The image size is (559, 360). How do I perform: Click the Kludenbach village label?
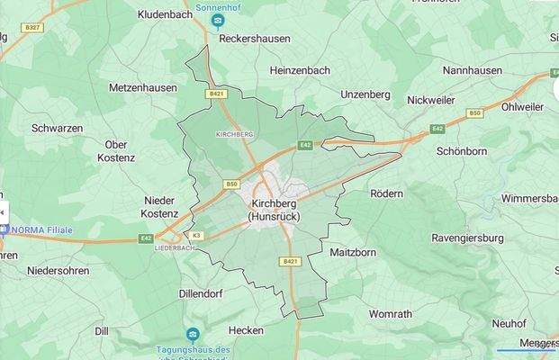[166, 15]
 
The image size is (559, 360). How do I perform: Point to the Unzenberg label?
[365, 94]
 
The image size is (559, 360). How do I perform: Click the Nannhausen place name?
[473, 69]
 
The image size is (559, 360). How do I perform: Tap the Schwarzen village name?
[57, 128]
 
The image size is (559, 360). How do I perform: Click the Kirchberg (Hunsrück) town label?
[275, 210]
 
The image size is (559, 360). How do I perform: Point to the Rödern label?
[386, 193]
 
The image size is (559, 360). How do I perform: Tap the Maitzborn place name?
[353, 253]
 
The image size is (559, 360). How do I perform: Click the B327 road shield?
[32, 28]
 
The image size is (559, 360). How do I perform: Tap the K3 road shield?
[196, 236]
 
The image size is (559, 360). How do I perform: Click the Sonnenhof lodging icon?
[217, 20]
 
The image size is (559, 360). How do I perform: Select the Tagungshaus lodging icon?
[192, 334]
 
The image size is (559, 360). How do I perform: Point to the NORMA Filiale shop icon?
[4, 229]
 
